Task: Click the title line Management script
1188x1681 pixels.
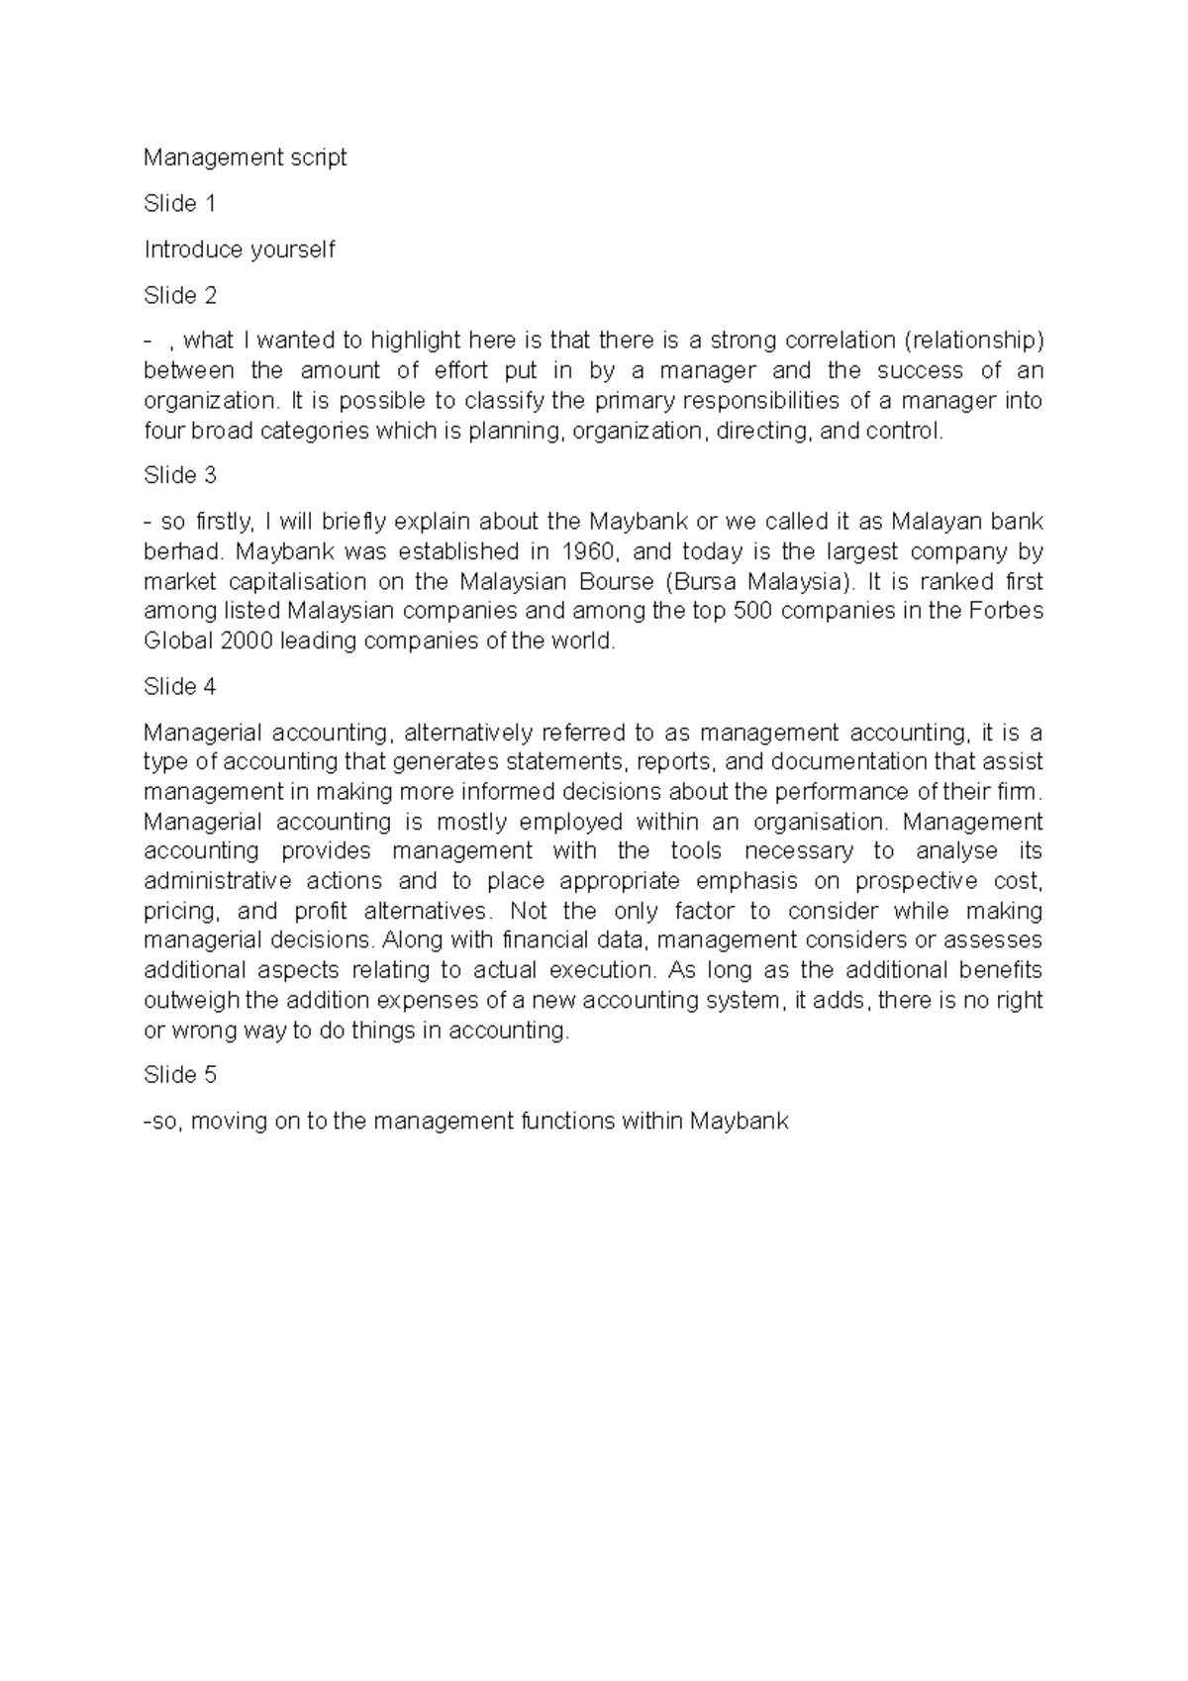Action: tap(245, 157)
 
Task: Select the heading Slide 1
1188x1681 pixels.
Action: tap(179, 204)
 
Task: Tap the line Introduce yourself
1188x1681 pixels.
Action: tap(240, 249)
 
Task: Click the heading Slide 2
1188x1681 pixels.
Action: tap(179, 295)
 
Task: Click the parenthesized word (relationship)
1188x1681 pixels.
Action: tap(974, 341)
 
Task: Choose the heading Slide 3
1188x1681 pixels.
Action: tap(179, 476)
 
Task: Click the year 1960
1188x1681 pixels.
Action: tap(587, 551)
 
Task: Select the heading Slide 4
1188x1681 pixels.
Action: tap(179, 687)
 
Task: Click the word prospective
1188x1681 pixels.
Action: tap(916, 882)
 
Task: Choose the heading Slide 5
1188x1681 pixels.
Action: tap(179, 1075)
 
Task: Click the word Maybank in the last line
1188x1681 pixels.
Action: tap(740, 1122)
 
